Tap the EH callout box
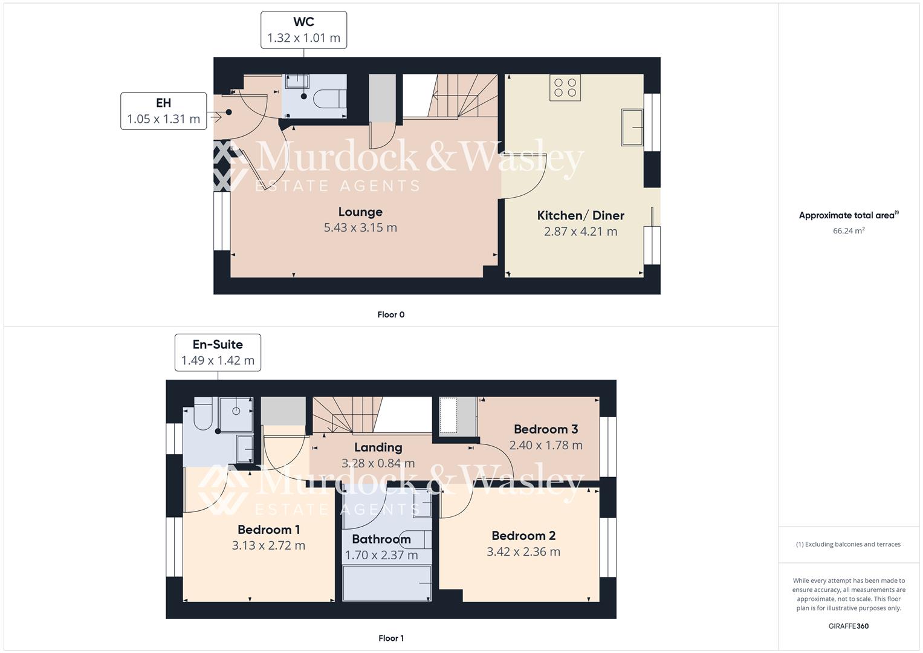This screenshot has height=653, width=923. pos(163,111)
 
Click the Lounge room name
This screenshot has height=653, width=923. pos(360,212)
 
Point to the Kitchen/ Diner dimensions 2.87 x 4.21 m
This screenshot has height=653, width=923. pos(580,231)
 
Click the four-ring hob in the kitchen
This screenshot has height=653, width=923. pos(565,87)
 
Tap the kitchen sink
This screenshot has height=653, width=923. pos(632,127)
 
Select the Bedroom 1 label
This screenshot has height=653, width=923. pos(268,530)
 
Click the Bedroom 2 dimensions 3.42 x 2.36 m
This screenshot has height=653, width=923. pos(523,551)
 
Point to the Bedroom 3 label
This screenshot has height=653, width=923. pos(546,429)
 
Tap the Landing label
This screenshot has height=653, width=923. pos(378,447)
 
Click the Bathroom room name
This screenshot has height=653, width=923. pos(381,539)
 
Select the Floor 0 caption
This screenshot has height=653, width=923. pos(390,314)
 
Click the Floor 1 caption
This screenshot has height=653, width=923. pos(390,638)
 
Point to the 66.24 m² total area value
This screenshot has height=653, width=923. pos(848,230)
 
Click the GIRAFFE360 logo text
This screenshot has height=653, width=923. pos(848,626)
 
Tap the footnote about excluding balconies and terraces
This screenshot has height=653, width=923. pos(848,544)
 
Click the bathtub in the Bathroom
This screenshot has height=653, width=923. pos(387,583)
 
